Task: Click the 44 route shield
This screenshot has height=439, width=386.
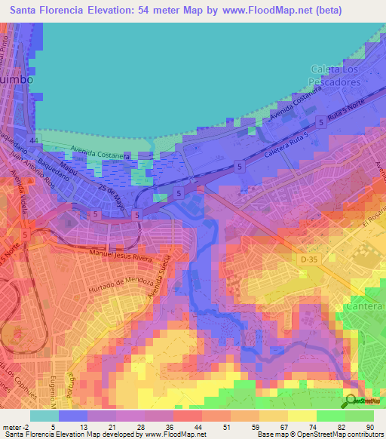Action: (33, 140)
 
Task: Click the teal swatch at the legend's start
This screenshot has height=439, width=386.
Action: (44, 415)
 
